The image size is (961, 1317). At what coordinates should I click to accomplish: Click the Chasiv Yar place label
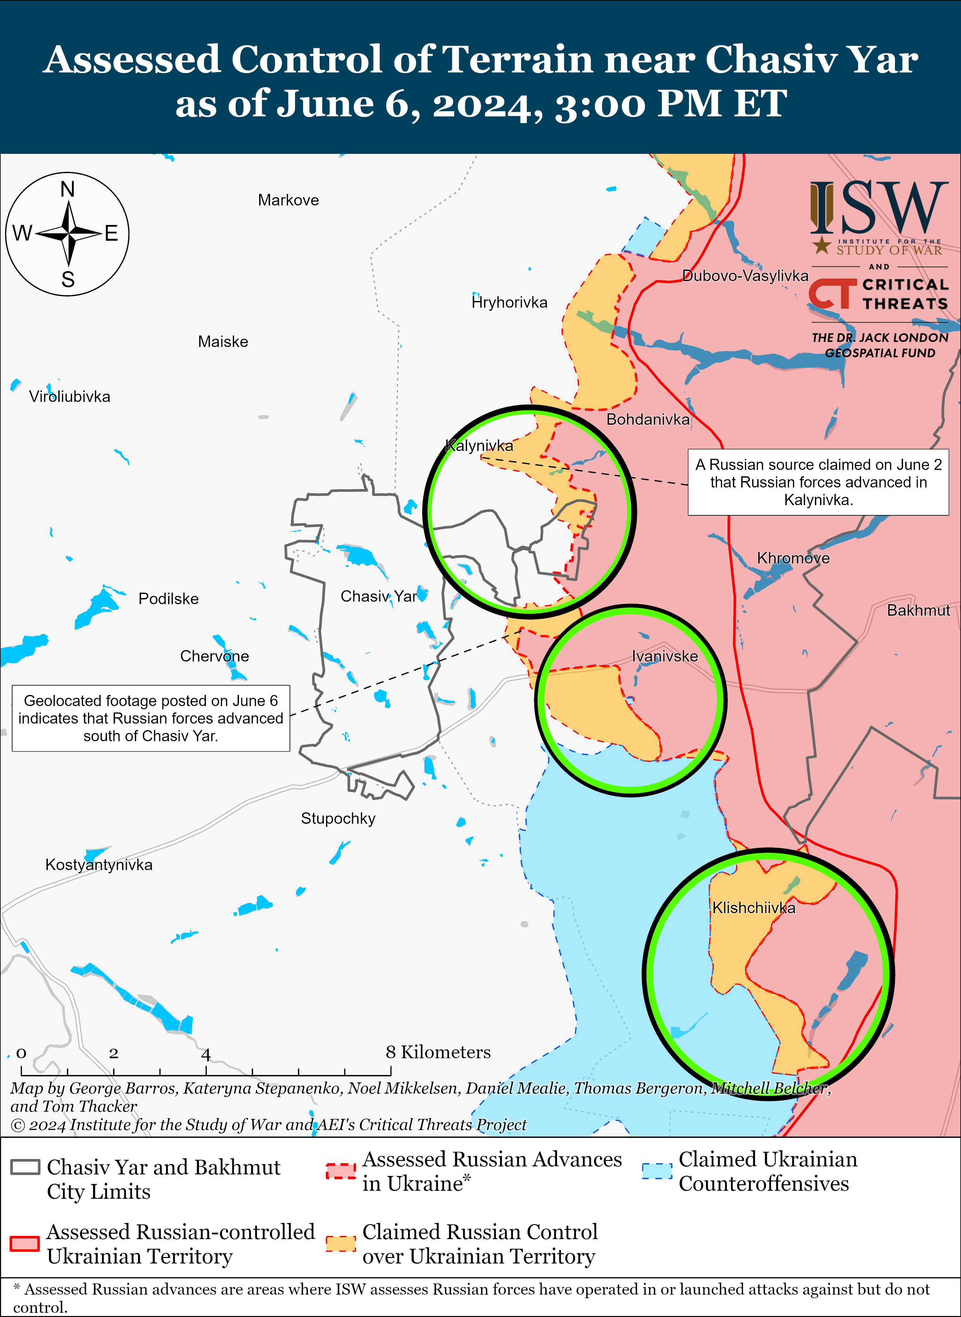click(379, 596)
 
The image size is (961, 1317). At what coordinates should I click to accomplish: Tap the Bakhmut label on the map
click(918, 611)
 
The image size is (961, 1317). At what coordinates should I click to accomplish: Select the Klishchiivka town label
click(754, 908)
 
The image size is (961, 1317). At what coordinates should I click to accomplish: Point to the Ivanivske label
click(665, 656)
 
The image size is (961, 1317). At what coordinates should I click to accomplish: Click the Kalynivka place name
click(479, 446)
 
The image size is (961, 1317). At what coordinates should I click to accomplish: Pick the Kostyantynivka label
click(99, 865)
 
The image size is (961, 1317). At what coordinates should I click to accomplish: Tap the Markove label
click(289, 200)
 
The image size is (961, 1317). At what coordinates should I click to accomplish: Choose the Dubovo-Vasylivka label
click(745, 276)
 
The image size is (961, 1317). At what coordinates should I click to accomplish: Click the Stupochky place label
click(338, 819)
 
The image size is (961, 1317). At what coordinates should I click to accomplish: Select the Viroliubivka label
click(70, 397)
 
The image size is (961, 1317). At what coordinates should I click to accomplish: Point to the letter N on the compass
click(68, 190)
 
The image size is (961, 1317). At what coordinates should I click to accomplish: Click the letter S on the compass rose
click(68, 280)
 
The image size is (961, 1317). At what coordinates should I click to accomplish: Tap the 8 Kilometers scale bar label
click(438, 1052)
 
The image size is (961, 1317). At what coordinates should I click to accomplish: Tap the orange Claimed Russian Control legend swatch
click(341, 1244)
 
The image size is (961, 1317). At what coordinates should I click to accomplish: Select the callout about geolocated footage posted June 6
click(151, 718)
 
